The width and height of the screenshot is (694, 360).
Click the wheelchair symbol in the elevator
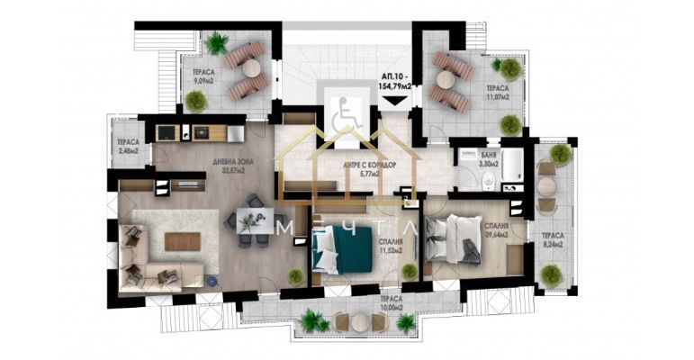click(342, 117)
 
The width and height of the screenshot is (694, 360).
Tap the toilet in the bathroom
click(488, 183)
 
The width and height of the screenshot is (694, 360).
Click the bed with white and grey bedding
click(454, 239)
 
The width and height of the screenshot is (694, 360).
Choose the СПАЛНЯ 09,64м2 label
click(495, 231)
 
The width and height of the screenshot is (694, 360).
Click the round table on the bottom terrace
click(352, 321)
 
